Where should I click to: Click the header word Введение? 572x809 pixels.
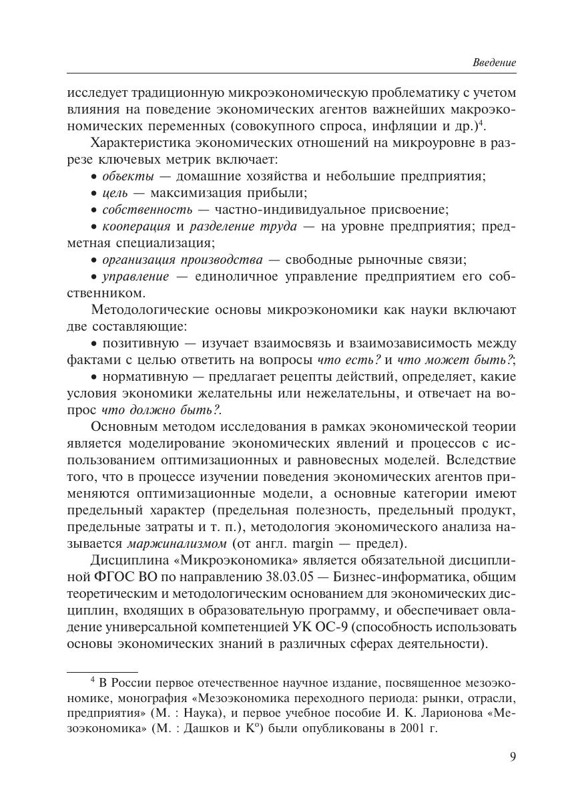click(494, 62)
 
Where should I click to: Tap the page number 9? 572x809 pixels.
click(512, 756)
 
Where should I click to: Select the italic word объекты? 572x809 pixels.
click(127, 176)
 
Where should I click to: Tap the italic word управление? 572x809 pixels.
click(135, 277)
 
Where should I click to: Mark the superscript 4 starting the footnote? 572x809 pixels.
click(93, 680)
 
